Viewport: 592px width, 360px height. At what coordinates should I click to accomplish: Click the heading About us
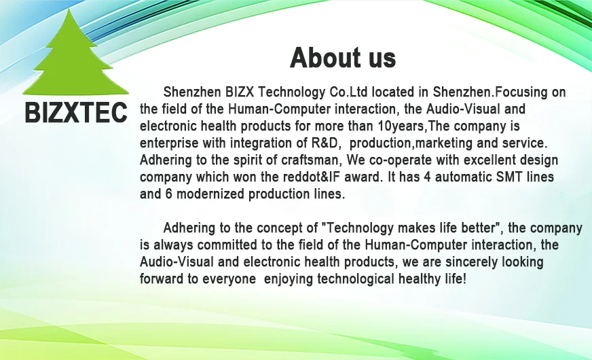[x=342, y=58]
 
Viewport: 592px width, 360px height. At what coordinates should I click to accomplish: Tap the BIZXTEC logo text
[x=76, y=113]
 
